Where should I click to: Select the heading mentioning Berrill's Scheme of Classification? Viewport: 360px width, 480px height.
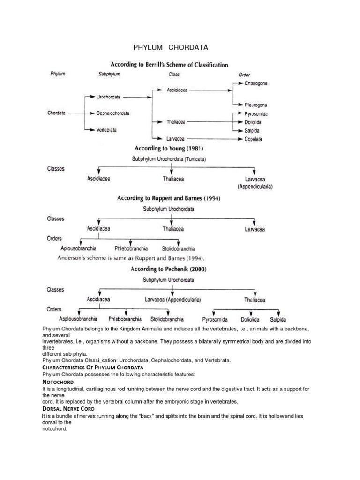pos(169,65)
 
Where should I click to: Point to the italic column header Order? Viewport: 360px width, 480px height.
pos(244,74)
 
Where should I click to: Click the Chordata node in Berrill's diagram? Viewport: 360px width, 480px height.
pos(57,113)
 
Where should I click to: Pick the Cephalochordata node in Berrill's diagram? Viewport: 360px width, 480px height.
pos(113,113)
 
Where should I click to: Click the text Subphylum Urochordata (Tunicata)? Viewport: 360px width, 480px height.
pos(172,159)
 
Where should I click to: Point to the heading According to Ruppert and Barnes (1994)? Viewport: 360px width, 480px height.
pos(168,198)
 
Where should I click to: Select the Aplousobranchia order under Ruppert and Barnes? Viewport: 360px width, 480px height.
pos(78,249)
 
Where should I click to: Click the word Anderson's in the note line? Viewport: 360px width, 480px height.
pos(72,258)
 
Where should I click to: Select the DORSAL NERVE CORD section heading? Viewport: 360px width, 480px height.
pos(68,409)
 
